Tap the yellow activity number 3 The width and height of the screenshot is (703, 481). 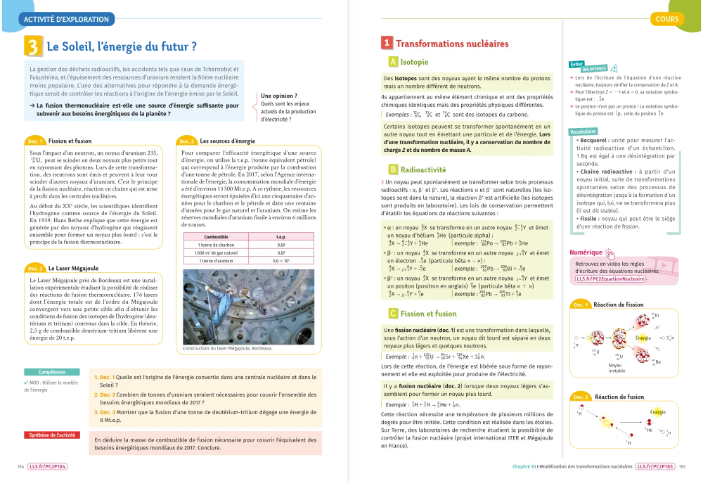33,47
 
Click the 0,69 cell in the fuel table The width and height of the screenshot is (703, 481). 280,244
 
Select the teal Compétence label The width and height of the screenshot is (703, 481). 51,371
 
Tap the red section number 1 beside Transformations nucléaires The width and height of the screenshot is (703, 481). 387,44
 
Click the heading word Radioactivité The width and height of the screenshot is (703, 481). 423,169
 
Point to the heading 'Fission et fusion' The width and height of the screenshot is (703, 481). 428,314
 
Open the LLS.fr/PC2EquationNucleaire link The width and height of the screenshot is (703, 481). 610,279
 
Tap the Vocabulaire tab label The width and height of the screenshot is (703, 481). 584,132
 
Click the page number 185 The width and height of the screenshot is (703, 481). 682,466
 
